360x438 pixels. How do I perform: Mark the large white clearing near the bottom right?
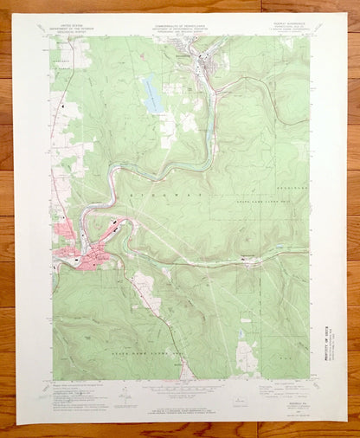pyautogui.click(x=249, y=356)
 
